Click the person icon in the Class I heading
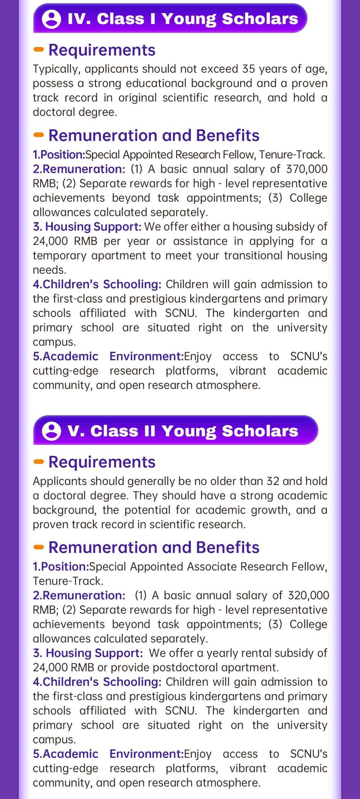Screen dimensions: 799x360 pyautogui.click(x=51, y=19)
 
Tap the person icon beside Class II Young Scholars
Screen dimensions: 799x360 pyautogui.click(x=51, y=431)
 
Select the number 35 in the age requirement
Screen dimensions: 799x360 pyautogui.click(x=249, y=69)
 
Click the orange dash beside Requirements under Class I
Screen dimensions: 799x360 pyautogui.click(x=39, y=50)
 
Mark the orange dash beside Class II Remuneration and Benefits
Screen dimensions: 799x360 pyautogui.click(x=39, y=547)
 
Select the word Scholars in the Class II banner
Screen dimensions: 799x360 pyautogui.click(x=260, y=431)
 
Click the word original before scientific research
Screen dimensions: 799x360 pyautogui.click(x=138, y=98)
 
